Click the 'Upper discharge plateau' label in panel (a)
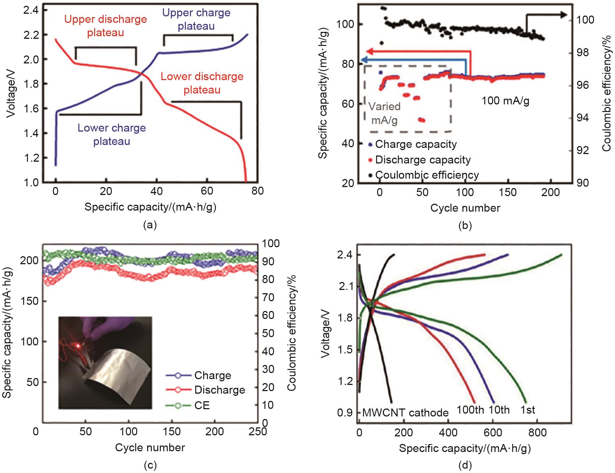click(106, 26)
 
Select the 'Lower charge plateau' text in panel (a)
click(112, 134)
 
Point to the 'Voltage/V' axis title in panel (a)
click(11, 95)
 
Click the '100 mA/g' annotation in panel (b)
click(505, 100)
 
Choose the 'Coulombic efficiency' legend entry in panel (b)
click(427, 175)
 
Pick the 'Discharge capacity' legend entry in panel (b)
click(423, 160)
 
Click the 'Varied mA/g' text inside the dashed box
click(384, 113)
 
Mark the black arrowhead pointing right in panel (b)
click(563, 14)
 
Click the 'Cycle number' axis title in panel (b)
click(465, 208)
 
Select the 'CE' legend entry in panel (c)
click(202, 405)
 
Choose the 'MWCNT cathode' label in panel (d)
click(405, 413)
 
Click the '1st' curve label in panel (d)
click(528, 410)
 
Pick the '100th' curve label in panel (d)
click(470, 410)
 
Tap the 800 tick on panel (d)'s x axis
click(537, 432)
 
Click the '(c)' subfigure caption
click(150, 465)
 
